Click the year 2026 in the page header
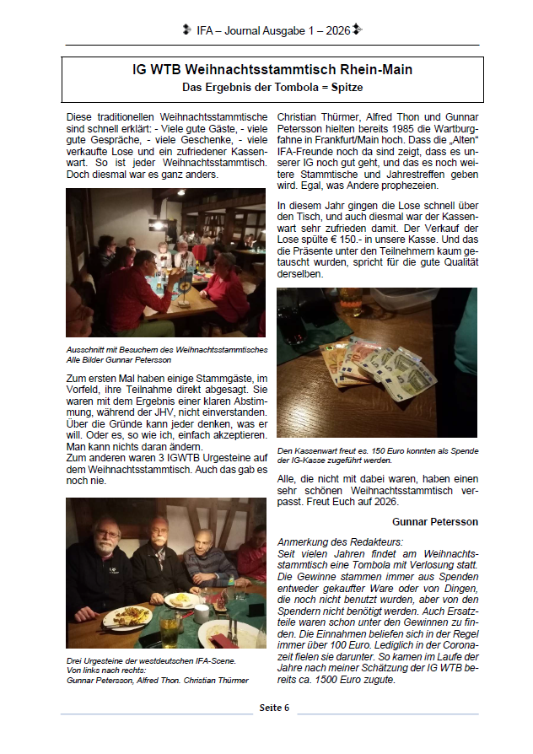coord(336,30)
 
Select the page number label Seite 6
coord(274,707)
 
